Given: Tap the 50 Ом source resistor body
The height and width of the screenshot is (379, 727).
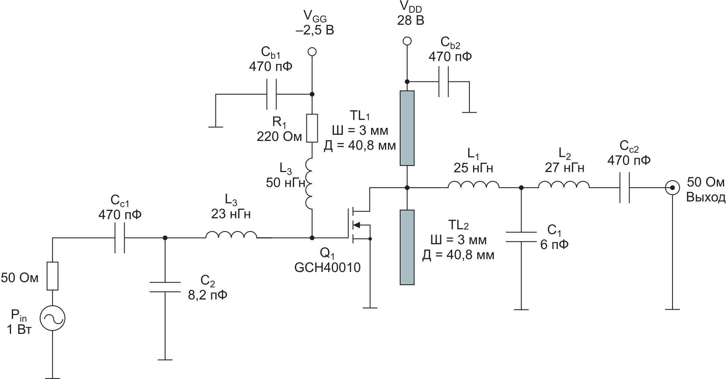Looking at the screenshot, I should point(52,276).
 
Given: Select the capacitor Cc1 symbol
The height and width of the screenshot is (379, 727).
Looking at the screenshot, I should point(120,238).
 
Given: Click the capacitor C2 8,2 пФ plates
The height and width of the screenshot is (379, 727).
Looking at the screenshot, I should point(165,287).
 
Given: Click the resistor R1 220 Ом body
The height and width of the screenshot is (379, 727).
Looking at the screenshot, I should point(312,128).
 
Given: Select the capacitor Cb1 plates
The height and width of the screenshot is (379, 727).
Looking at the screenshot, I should point(271,94).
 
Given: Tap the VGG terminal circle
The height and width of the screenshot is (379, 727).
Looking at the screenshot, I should point(312,52).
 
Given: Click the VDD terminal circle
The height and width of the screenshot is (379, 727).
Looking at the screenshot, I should point(407,41).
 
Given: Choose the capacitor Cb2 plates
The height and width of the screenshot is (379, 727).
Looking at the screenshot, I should point(444,82).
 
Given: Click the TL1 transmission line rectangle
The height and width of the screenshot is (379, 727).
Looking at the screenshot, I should point(407,128).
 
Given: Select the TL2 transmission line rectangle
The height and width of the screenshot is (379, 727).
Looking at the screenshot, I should point(407,247).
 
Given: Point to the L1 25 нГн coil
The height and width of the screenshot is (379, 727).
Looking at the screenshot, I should point(473,185).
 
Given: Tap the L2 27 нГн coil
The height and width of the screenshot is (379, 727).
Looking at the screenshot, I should point(564,185).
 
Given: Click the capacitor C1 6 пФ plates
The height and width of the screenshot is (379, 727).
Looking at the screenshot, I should point(521,237).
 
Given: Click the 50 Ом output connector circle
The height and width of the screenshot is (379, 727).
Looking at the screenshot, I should point(672,188).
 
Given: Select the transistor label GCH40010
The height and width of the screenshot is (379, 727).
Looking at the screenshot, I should point(327,268).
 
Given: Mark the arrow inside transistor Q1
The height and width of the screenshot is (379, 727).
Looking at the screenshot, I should point(357,225).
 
